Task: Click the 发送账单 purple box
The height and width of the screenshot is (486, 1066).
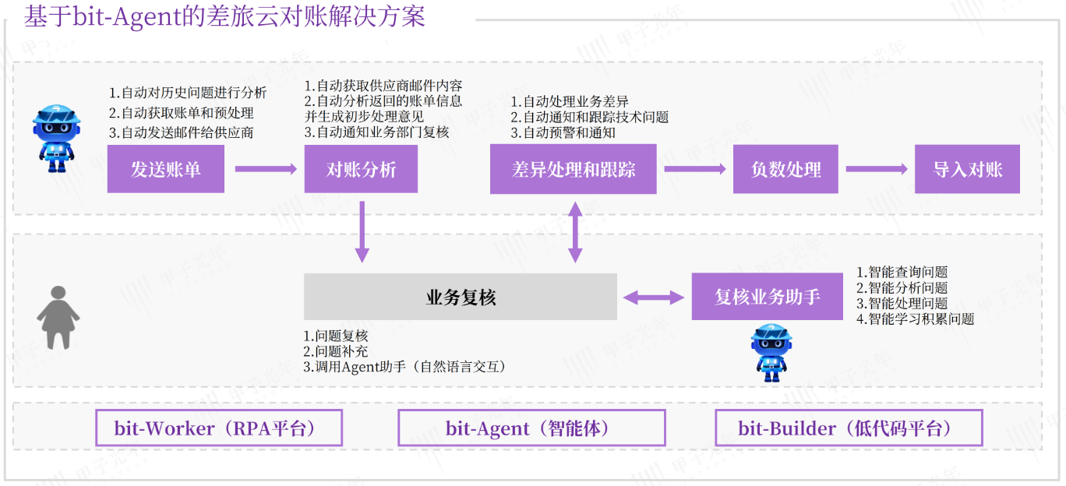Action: [x=165, y=169]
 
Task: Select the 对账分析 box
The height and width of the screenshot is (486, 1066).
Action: [x=361, y=169]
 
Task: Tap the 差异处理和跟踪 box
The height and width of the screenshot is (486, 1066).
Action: [x=574, y=169]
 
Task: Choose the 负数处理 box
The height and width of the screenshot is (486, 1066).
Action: [x=785, y=169]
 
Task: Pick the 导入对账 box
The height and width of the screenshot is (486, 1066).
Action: [x=967, y=169]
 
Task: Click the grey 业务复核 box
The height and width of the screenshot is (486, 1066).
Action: [x=460, y=297]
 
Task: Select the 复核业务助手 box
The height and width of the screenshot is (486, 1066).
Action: [x=767, y=297]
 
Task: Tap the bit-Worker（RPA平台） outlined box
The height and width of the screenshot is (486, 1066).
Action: [x=219, y=428]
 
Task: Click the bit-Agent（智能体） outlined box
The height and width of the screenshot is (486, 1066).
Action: [x=531, y=428]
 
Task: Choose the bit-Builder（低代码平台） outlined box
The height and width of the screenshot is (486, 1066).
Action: [x=849, y=428]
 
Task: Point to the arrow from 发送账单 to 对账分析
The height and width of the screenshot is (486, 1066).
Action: [x=265, y=169]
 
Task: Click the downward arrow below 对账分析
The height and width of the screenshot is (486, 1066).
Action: [x=362, y=231]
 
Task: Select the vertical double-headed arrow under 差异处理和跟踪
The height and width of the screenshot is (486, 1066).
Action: [x=575, y=231]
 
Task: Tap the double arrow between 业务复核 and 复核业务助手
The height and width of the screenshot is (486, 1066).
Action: [x=654, y=297]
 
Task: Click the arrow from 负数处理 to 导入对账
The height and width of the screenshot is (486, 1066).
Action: [x=877, y=169]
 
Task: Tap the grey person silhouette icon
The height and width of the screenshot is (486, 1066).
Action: [x=58, y=317]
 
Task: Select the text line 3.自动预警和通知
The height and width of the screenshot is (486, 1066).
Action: [x=563, y=132]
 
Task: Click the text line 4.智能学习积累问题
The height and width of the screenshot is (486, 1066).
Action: [x=916, y=319]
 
